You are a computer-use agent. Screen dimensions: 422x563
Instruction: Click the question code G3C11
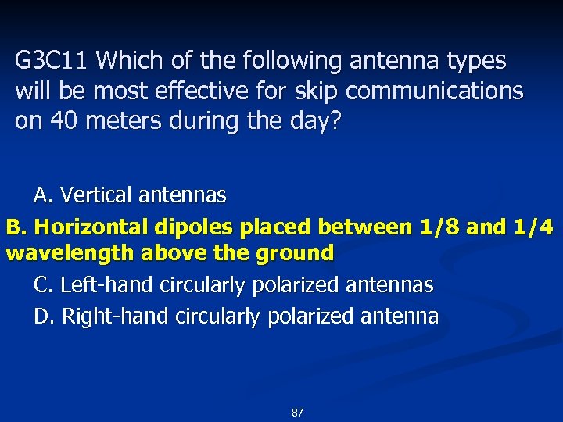click(x=52, y=60)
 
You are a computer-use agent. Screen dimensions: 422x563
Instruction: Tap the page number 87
click(x=297, y=412)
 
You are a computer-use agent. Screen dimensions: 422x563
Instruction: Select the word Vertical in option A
click(x=92, y=194)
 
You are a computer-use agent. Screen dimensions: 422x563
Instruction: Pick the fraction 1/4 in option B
click(x=532, y=227)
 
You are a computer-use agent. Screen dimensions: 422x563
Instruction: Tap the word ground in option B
click(x=300, y=253)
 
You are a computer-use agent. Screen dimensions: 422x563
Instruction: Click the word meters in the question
click(x=115, y=121)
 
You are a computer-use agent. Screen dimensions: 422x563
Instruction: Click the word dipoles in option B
click(x=195, y=227)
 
